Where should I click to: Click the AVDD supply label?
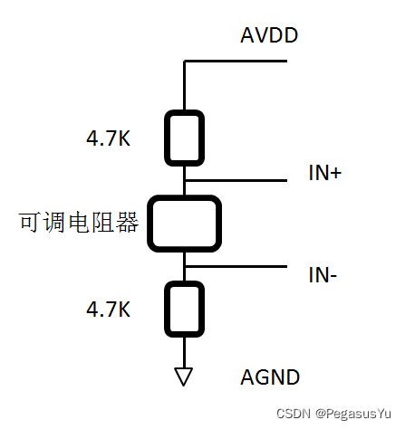[269, 36]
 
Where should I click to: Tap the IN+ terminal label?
[324, 174]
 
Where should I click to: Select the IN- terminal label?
[322, 275]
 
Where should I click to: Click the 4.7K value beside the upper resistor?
[109, 140]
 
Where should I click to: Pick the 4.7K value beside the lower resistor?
[109, 309]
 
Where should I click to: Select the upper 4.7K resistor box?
[184, 138]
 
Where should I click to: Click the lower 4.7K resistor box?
[184, 308]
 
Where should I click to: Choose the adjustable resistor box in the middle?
[184, 224]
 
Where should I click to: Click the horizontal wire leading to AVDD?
[236, 62]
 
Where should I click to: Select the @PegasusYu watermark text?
[354, 414]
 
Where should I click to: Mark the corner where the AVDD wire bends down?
[184, 62]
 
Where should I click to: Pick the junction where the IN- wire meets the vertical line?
[184, 267]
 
